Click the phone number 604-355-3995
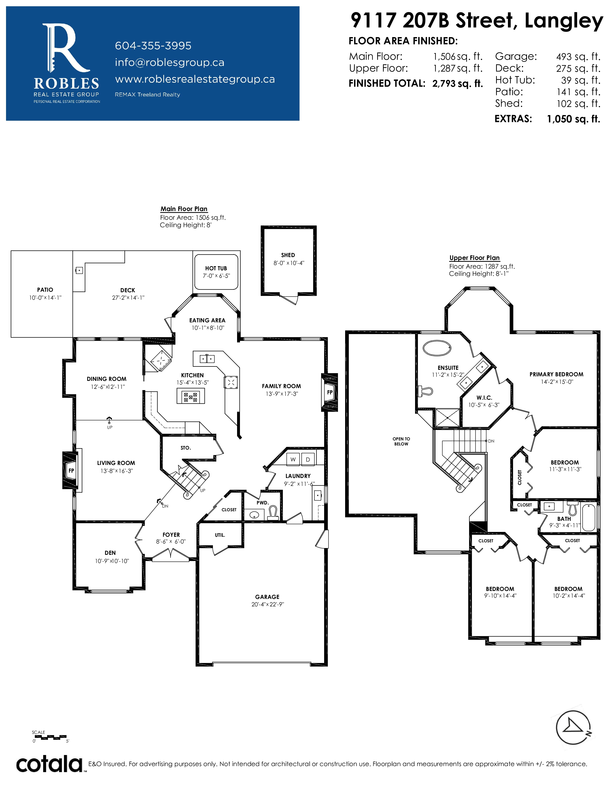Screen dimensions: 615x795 pos(153,46)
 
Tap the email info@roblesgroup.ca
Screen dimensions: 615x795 pos(169,63)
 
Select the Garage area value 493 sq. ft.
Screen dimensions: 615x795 pos(578,57)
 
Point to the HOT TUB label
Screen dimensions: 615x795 pos(216,268)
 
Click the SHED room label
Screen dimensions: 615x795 pos(288,255)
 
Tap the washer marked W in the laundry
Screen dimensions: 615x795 pos(293,459)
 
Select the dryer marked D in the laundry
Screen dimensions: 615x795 pos(308,459)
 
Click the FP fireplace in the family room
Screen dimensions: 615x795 pos(329,392)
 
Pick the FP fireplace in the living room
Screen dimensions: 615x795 pos(71,470)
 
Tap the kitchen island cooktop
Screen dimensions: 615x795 pos(191,396)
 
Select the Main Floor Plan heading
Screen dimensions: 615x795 pos(184,209)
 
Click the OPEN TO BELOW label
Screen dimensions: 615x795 pos(401,441)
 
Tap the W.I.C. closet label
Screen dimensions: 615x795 pos(484,398)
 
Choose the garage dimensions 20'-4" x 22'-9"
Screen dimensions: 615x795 pos(267,604)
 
